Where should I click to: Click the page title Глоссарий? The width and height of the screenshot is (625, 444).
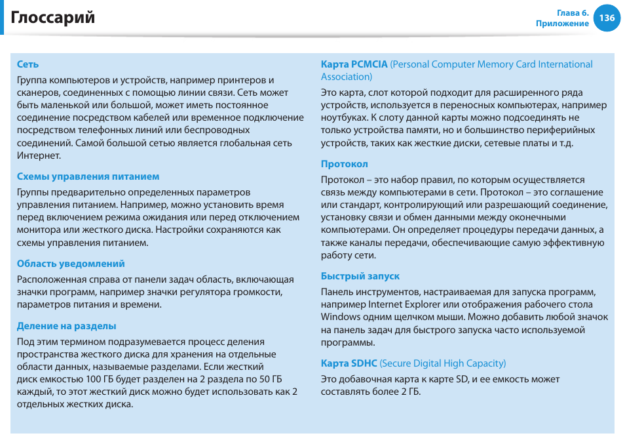[x=53, y=18]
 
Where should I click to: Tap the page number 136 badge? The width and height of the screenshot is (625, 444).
[x=607, y=18]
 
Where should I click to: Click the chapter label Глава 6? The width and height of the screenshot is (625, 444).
[x=573, y=13]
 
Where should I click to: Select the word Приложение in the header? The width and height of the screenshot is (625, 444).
[x=562, y=24]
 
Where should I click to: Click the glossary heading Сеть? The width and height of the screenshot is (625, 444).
[x=28, y=64]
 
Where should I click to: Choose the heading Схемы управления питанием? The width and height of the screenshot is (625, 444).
[x=88, y=176]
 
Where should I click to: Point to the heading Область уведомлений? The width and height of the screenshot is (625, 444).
[x=71, y=264]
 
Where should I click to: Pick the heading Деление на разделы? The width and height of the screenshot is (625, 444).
[x=66, y=326]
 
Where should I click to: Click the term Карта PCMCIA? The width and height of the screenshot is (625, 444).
[x=354, y=64]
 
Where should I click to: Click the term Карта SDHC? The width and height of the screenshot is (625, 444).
[x=349, y=363]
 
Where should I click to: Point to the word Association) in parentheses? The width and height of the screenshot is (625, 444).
[x=347, y=77]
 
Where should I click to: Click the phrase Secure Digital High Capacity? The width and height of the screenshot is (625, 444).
[x=442, y=363]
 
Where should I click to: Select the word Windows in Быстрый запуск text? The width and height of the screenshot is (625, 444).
[x=340, y=317]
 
